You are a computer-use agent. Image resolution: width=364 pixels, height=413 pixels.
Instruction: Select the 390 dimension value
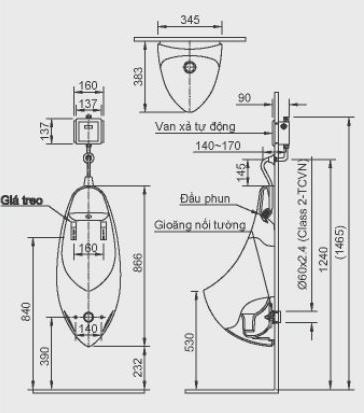[44, 357]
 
